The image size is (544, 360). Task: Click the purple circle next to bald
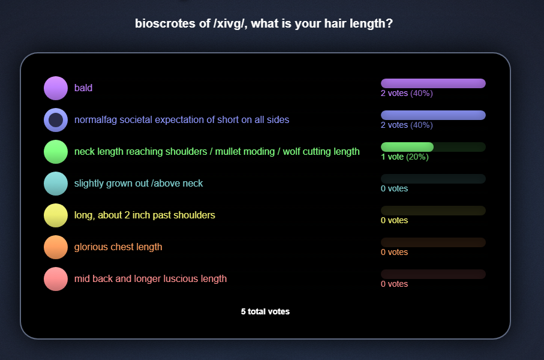point(56,88)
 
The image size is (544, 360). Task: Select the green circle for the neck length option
point(56,152)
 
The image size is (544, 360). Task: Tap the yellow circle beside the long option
point(56,215)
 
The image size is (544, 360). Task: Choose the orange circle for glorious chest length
point(56,247)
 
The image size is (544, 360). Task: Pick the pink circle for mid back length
point(56,279)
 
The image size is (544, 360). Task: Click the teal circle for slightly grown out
point(56,184)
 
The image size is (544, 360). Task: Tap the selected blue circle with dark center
point(56,120)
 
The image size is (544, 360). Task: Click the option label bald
point(83,88)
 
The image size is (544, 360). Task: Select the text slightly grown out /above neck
point(139,183)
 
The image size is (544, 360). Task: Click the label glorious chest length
point(118,247)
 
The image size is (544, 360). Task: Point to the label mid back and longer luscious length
point(150,279)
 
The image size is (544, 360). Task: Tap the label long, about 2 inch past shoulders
point(145,215)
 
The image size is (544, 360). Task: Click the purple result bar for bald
point(433,83)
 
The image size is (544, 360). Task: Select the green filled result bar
point(407,147)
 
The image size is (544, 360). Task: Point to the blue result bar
point(433,115)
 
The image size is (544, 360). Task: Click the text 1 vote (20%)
point(404,157)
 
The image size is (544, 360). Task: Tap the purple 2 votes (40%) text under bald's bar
point(407,94)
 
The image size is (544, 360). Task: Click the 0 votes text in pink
point(394,284)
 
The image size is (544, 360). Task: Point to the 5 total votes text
point(266,312)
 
